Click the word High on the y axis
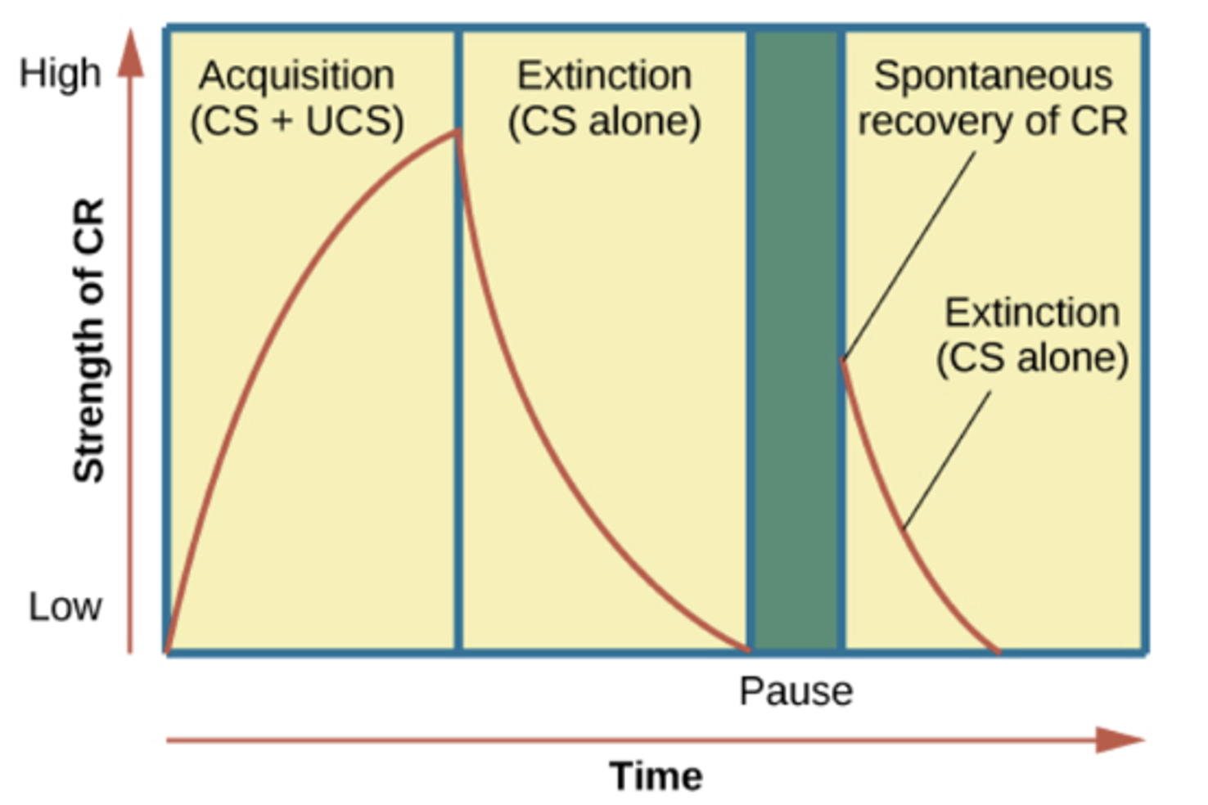click(x=60, y=73)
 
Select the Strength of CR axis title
click(x=89, y=340)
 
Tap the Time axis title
click(x=656, y=776)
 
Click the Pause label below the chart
click(x=796, y=691)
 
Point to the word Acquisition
click(x=296, y=76)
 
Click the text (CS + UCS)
click(x=296, y=122)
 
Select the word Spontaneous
click(x=993, y=76)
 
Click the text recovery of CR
click(x=993, y=122)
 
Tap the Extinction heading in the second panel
click(x=604, y=76)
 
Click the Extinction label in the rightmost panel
click(x=1032, y=313)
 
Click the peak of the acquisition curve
click(x=456, y=133)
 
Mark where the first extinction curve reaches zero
click(x=746, y=650)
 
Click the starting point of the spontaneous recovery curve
click(x=843, y=360)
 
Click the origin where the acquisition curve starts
click(x=168, y=651)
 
